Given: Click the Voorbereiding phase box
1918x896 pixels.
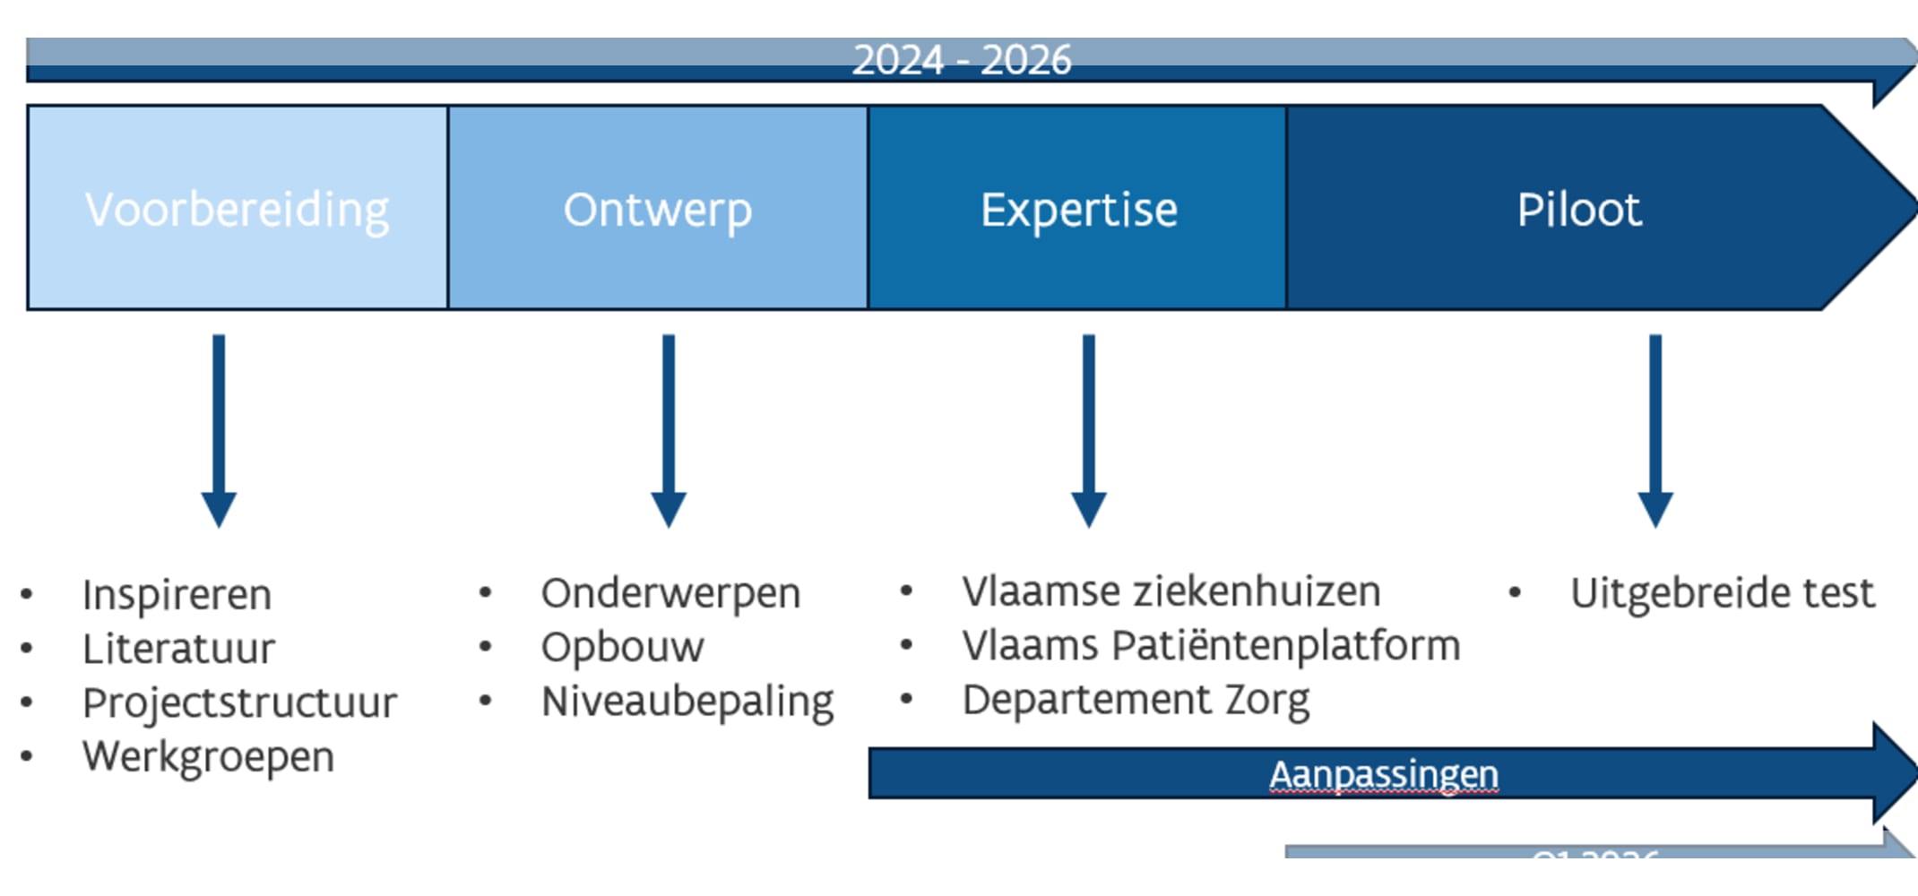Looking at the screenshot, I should pyautogui.click(x=238, y=209).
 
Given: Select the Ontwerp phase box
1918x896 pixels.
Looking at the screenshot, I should pyautogui.click(x=657, y=209).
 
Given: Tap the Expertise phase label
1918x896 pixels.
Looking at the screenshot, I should pyautogui.click(x=1078, y=211).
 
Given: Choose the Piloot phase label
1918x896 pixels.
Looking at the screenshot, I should pyautogui.click(x=1578, y=211).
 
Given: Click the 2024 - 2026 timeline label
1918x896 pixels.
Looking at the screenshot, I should pyautogui.click(x=962, y=60).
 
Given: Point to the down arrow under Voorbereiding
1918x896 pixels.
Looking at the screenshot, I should pyautogui.click(x=219, y=430).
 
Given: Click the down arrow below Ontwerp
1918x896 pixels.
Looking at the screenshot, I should pyautogui.click(x=669, y=430).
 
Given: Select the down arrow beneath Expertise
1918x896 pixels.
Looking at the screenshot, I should pyautogui.click(x=1089, y=430).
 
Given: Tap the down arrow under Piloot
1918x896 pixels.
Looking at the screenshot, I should pyautogui.click(x=1655, y=430).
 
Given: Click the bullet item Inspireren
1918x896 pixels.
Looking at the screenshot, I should pyautogui.click(x=177, y=595).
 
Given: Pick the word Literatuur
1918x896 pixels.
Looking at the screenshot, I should pyautogui.click(x=178, y=649).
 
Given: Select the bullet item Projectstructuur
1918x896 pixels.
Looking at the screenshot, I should pyautogui.click(x=239, y=703).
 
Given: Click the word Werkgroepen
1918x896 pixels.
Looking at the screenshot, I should pyautogui.click(x=208, y=757).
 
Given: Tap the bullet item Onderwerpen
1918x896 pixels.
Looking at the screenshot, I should pyautogui.click(x=670, y=594).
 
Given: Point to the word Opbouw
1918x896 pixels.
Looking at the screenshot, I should pyautogui.click(x=622, y=648).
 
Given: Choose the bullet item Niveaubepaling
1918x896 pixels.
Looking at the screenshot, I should pyautogui.click(x=687, y=702).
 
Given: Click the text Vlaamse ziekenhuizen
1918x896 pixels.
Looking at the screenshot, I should pyautogui.click(x=1171, y=591).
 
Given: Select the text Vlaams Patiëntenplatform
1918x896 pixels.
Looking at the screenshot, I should pyautogui.click(x=1211, y=645).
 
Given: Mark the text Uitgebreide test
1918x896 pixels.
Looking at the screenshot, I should pyautogui.click(x=1722, y=593).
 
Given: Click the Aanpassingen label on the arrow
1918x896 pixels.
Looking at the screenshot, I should pyautogui.click(x=1384, y=774).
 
